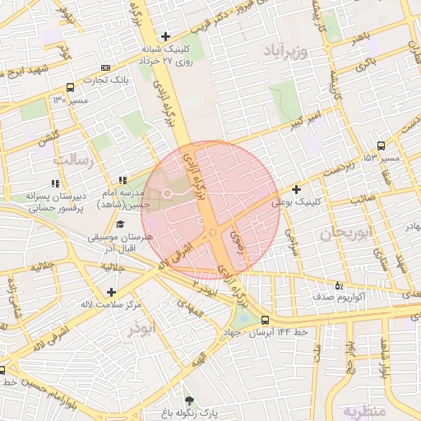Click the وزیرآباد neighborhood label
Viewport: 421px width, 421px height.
click(x=285, y=53)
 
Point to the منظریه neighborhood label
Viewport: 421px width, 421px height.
click(x=364, y=410)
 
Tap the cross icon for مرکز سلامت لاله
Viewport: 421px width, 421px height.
click(x=111, y=291)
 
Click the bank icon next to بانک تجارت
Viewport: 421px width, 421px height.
click(x=104, y=67)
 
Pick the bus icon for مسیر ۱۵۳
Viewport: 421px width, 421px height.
click(x=380, y=145)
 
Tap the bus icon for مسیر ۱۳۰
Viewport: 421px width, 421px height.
click(x=70, y=87)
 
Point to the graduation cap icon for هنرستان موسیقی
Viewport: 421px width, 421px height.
click(x=120, y=224)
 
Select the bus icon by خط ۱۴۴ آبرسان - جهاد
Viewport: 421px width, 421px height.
click(x=265, y=320)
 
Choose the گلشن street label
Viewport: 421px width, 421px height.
click(x=45, y=140)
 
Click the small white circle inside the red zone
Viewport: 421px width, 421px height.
click(x=167, y=193)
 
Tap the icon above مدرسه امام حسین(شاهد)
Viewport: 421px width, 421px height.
click(x=123, y=180)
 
